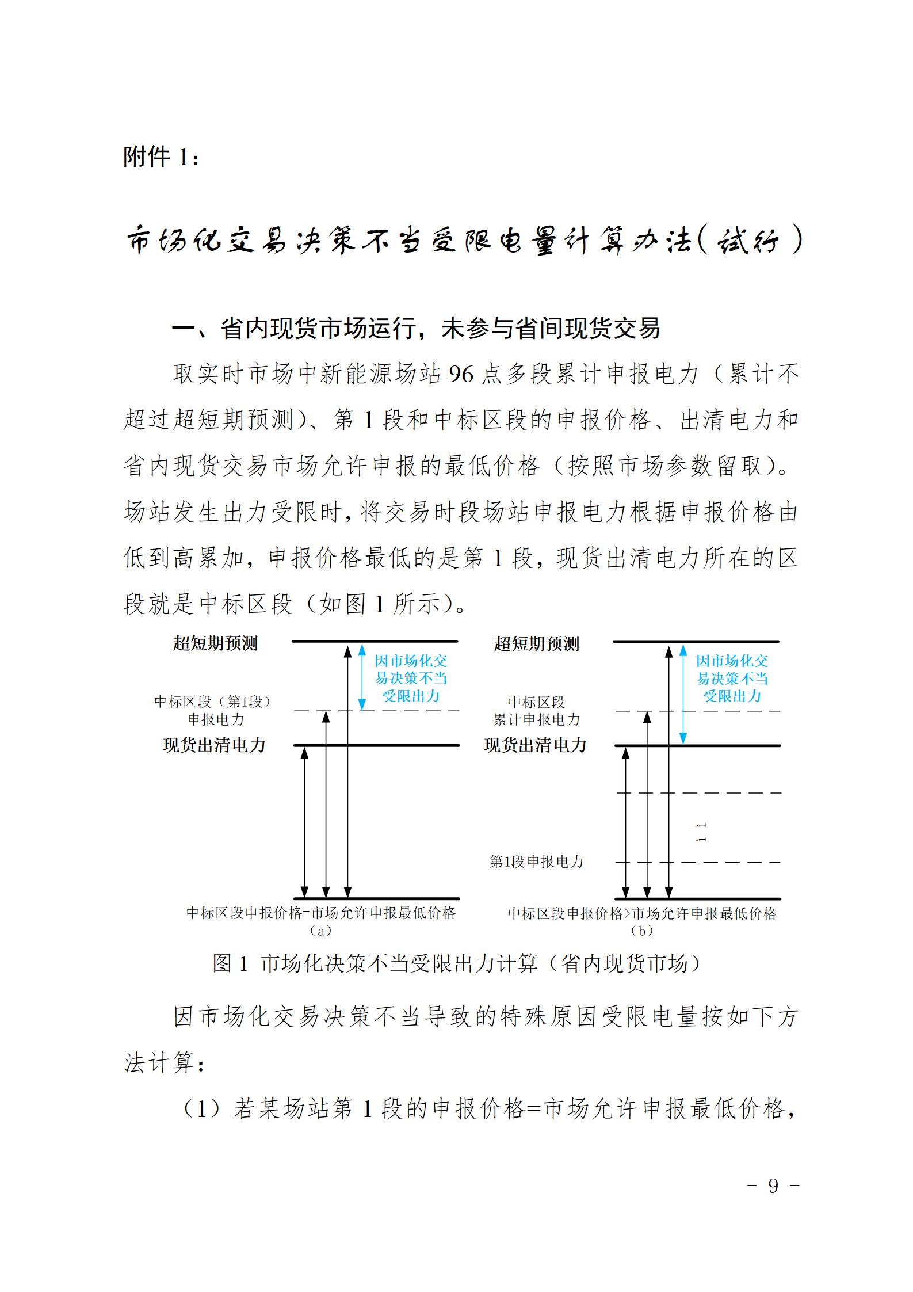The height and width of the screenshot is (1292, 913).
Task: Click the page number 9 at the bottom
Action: click(773, 1186)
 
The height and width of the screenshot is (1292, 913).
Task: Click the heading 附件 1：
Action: click(162, 156)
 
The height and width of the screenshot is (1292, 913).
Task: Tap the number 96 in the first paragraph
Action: click(461, 375)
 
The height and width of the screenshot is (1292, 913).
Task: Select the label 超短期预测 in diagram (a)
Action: click(215, 643)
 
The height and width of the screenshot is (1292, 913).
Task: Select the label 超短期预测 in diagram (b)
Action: click(536, 643)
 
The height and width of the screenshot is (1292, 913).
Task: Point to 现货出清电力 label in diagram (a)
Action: click(214, 745)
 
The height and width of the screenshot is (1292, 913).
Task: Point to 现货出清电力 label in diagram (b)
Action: click(535, 745)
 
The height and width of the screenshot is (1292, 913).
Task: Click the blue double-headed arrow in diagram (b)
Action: click(683, 695)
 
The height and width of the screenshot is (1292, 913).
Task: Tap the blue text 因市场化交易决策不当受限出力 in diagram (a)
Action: click(411, 678)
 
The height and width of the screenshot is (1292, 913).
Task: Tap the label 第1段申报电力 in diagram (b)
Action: click(536, 862)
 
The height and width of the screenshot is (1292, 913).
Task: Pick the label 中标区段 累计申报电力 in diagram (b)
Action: click(536, 710)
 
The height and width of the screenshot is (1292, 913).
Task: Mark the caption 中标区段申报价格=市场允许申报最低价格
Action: click(321, 913)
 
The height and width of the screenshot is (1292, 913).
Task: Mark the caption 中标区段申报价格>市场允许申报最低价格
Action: click(642, 913)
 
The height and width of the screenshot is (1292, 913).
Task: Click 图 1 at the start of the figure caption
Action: click(230, 963)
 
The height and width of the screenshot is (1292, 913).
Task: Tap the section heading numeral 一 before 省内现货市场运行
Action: click(184, 329)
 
